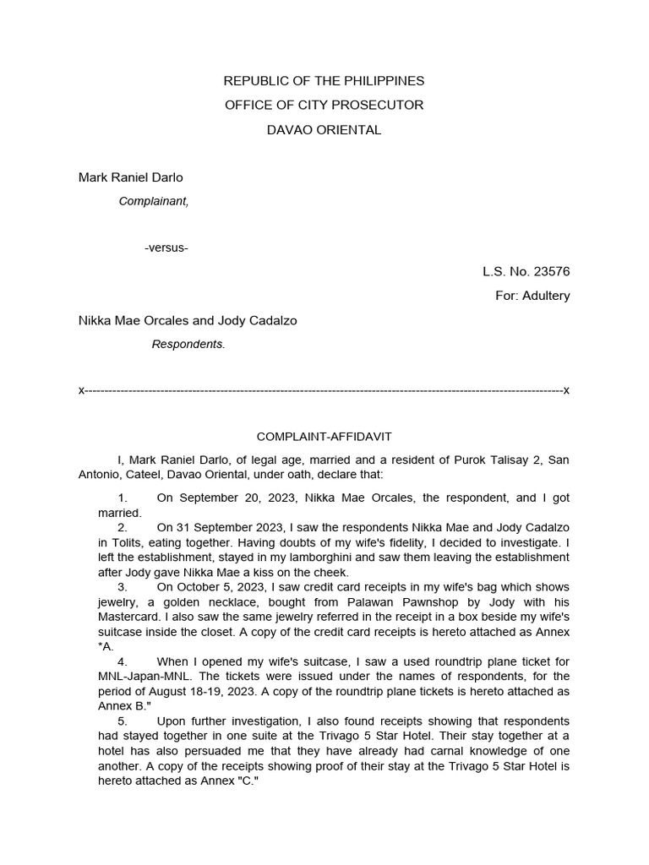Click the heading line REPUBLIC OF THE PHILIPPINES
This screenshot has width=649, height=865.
click(x=324, y=81)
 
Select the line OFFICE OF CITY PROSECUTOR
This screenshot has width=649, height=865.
click(x=324, y=106)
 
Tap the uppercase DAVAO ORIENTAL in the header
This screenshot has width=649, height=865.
click(x=324, y=130)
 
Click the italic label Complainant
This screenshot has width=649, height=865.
click(x=153, y=201)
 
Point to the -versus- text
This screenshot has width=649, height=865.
click(x=166, y=248)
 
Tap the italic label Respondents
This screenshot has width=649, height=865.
click(x=188, y=345)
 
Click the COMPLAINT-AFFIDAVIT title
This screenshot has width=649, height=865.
click(x=324, y=436)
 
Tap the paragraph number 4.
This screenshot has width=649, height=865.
click(x=123, y=661)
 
